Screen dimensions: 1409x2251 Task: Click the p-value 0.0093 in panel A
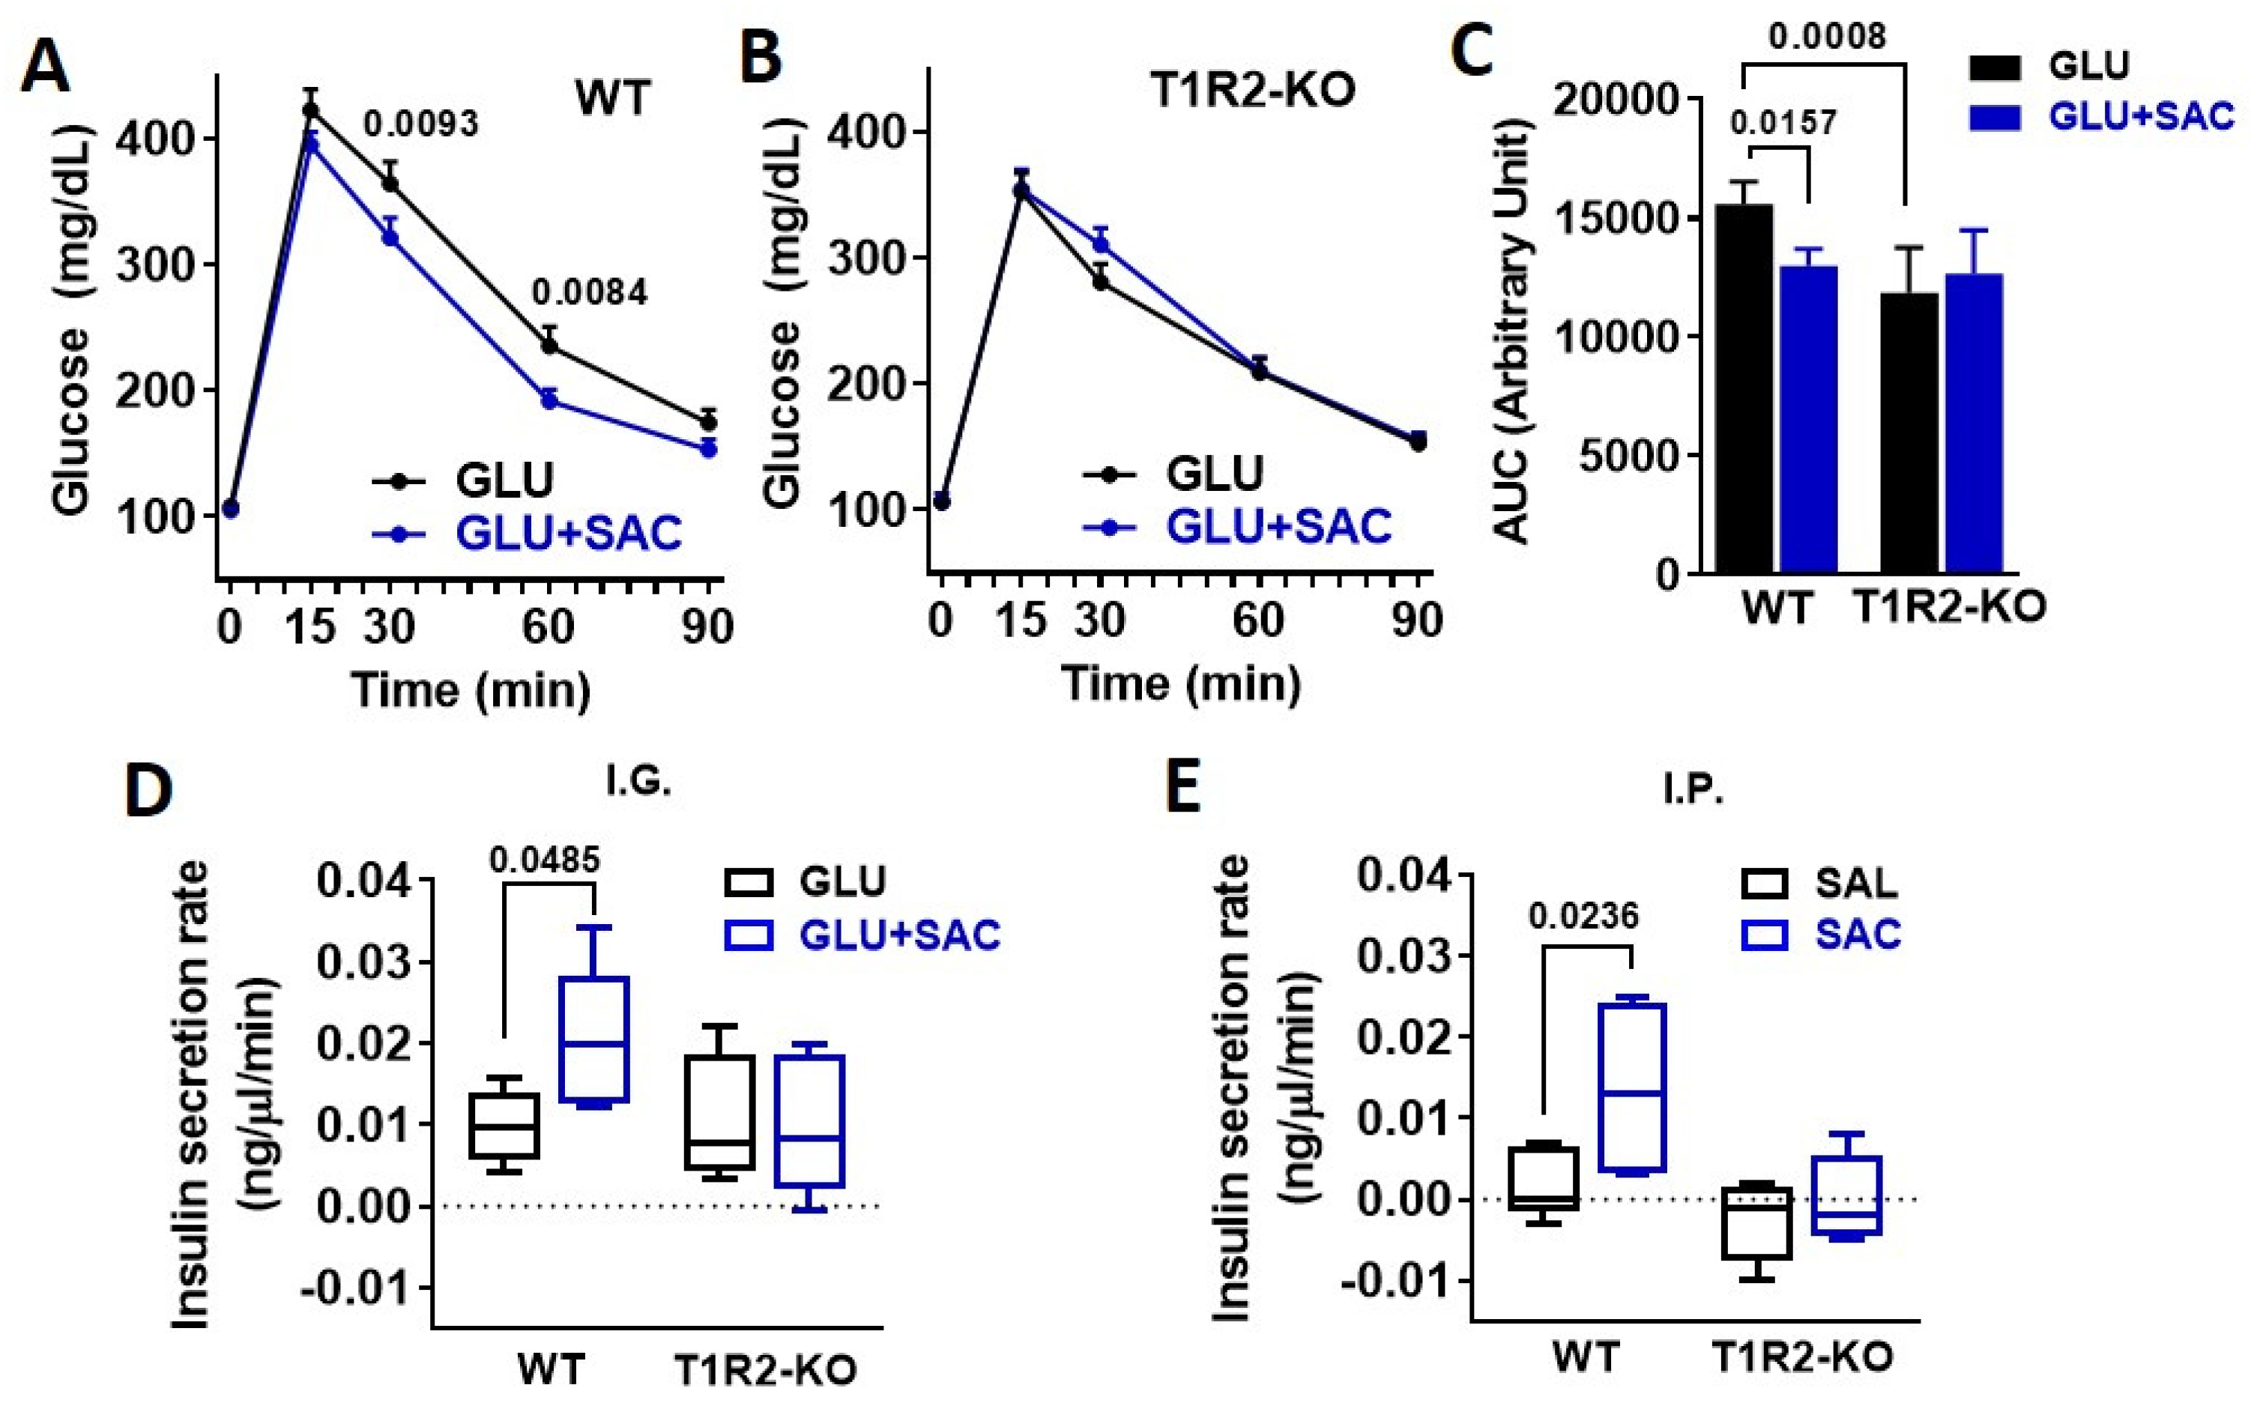click(421, 124)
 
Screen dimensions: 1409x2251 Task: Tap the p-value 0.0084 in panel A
click(589, 292)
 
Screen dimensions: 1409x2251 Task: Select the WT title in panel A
click(612, 97)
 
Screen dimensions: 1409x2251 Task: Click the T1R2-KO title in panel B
click(1252, 91)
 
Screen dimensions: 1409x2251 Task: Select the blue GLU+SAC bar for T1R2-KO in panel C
click(1973, 424)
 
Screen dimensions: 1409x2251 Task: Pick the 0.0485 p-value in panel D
click(544, 860)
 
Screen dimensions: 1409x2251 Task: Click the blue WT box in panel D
click(594, 1039)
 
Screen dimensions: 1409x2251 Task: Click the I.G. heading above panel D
click(638, 781)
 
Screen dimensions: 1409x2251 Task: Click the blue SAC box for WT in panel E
click(1631, 1087)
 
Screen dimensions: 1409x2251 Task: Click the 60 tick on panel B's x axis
click(1258, 620)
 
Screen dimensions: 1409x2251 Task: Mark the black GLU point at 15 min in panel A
click(311, 111)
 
